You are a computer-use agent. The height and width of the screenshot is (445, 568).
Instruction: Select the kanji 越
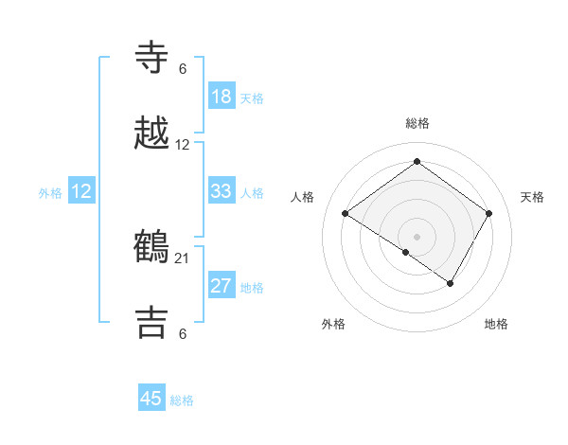click(x=152, y=134)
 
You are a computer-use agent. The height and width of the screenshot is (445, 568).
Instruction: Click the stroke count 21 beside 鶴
click(x=183, y=258)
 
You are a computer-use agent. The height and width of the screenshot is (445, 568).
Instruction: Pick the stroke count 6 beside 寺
click(x=183, y=68)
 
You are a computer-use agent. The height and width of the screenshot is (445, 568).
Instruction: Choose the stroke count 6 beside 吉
click(x=183, y=333)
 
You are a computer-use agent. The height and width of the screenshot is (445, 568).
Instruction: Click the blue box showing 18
click(x=222, y=97)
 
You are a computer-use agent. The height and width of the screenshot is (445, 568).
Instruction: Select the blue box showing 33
click(x=222, y=191)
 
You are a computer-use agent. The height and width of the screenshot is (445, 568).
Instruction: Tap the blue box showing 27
click(x=222, y=286)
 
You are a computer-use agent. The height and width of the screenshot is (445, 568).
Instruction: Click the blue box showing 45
click(x=151, y=399)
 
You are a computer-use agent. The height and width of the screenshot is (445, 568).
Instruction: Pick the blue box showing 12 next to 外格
click(x=81, y=191)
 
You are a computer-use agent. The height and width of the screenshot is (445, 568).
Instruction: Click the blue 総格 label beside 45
click(x=182, y=400)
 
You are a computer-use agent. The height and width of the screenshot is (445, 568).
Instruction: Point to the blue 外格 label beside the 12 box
click(x=50, y=193)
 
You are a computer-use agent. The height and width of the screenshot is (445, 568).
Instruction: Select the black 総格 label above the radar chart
click(x=417, y=123)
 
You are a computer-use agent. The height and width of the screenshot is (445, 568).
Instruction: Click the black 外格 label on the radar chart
click(x=333, y=325)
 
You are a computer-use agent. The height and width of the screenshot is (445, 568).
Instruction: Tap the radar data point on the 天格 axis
click(x=489, y=213)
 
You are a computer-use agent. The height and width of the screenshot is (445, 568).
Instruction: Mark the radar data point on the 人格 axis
click(x=346, y=214)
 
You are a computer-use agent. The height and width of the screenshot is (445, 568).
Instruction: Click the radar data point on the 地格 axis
click(x=451, y=283)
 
